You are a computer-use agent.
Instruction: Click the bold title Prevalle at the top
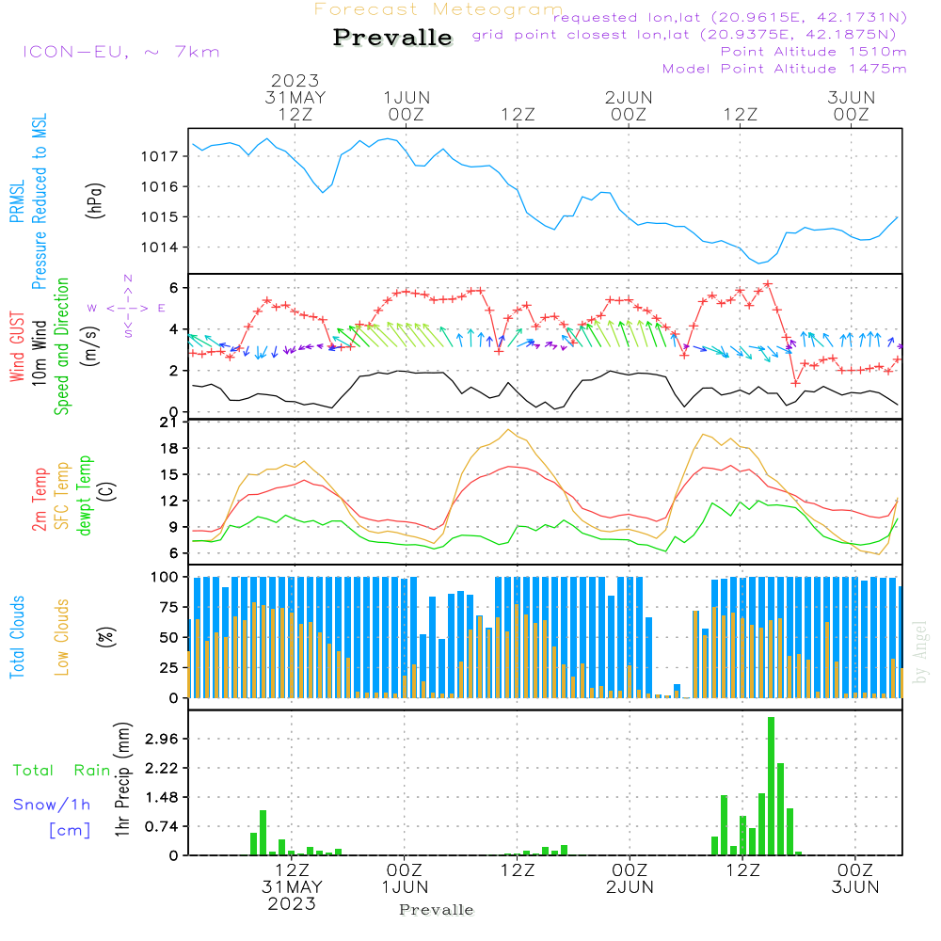392,39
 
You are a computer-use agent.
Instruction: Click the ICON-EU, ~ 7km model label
120,52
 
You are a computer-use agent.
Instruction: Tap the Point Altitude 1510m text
813,52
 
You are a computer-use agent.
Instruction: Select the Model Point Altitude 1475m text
784,69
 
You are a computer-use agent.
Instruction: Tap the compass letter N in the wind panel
128,279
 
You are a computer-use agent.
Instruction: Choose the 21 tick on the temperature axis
169,423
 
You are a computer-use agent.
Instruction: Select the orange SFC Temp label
62,496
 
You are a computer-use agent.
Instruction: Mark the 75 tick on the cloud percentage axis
167,608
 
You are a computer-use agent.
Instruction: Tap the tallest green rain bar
771,786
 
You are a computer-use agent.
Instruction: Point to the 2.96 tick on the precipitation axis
160,740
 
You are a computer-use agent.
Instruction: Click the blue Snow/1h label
53,805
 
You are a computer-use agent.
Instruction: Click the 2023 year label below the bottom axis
292,904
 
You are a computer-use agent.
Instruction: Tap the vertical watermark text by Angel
921,663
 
